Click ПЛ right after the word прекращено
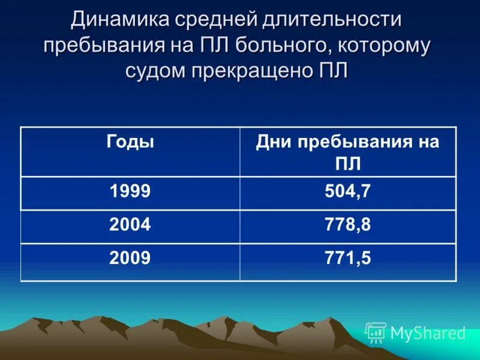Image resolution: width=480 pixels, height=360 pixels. pos(334,71)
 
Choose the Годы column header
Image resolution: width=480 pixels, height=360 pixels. pos(130,142)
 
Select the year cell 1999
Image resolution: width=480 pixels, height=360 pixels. pos(130,191)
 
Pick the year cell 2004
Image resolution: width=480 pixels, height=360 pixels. pos(130,225)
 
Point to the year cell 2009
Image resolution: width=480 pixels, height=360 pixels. pos(130,258)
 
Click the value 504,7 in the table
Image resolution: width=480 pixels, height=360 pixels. pos(348,191)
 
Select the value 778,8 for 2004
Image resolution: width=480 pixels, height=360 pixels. pos(348,225)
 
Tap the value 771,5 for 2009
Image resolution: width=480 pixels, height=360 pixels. pos(348,258)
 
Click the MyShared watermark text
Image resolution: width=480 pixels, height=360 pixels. pos(428,333)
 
